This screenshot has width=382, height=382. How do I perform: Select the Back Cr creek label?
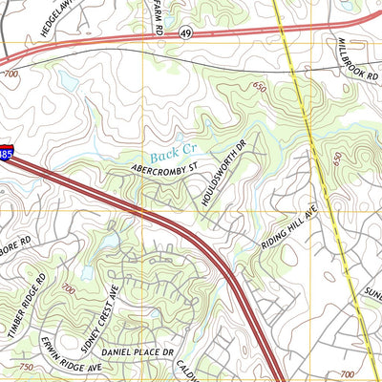(174, 151)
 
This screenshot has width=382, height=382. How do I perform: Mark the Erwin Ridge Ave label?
(71, 354)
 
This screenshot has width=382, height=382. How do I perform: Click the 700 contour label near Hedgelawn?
(11, 74)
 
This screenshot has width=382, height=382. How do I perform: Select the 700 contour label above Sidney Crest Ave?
(68, 287)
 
